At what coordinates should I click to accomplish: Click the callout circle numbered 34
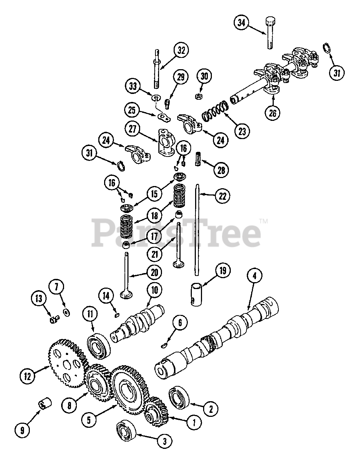coord(241,23)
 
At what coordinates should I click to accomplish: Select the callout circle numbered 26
coord(273,113)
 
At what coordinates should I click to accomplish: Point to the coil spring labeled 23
coord(215,111)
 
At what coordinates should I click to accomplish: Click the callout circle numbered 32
coord(181,50)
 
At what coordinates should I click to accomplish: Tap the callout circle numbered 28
coord(221,170)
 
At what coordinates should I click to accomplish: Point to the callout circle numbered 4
coord(254,276)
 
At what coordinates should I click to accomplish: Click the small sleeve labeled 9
coord(45,404)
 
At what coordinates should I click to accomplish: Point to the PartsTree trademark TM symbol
coord(264,221)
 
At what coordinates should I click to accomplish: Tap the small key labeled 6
coord(164,345)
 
